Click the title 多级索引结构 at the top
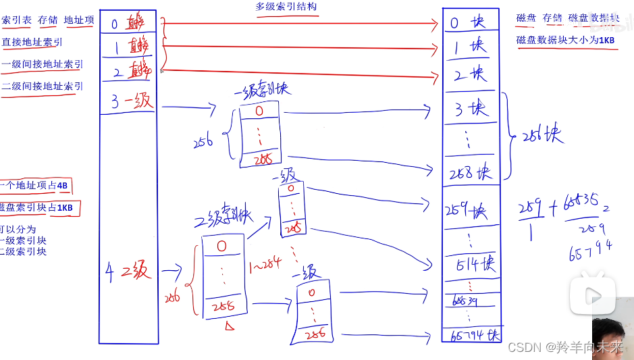coord(286,7)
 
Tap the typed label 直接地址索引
coord(32,42)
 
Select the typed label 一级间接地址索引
coord(42,64)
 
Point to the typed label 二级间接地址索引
coord(42,86)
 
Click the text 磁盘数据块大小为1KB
coord(565,40)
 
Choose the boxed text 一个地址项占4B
coord(35,186)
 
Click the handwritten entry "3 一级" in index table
coord(132,102)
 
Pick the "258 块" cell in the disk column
coord(469,174)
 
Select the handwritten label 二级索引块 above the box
coord(223,218)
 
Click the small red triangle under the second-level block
coord(230,327)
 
